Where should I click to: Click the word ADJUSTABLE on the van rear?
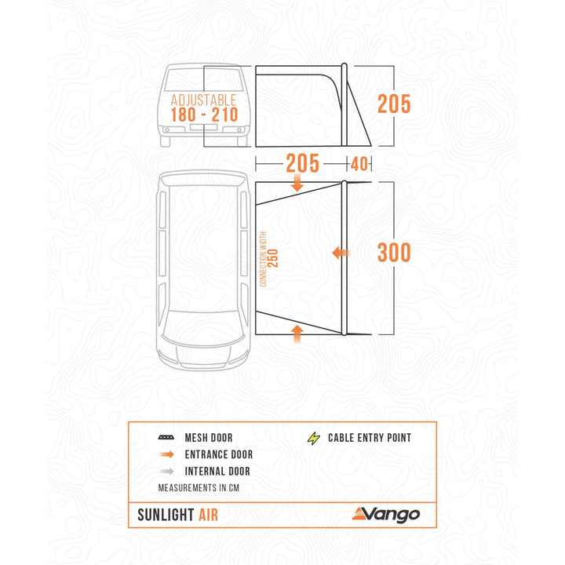(203, 100)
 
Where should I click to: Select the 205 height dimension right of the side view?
(394, 104)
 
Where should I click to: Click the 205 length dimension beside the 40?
(302, 163)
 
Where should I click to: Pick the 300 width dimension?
(394, 253)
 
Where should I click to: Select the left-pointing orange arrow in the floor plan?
(340, 253)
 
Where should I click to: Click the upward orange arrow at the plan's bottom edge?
(297, 332)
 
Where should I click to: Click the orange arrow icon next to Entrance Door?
(166, 455)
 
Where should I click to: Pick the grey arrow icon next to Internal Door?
(166, 472)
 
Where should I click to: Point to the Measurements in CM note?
(198, 487)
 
